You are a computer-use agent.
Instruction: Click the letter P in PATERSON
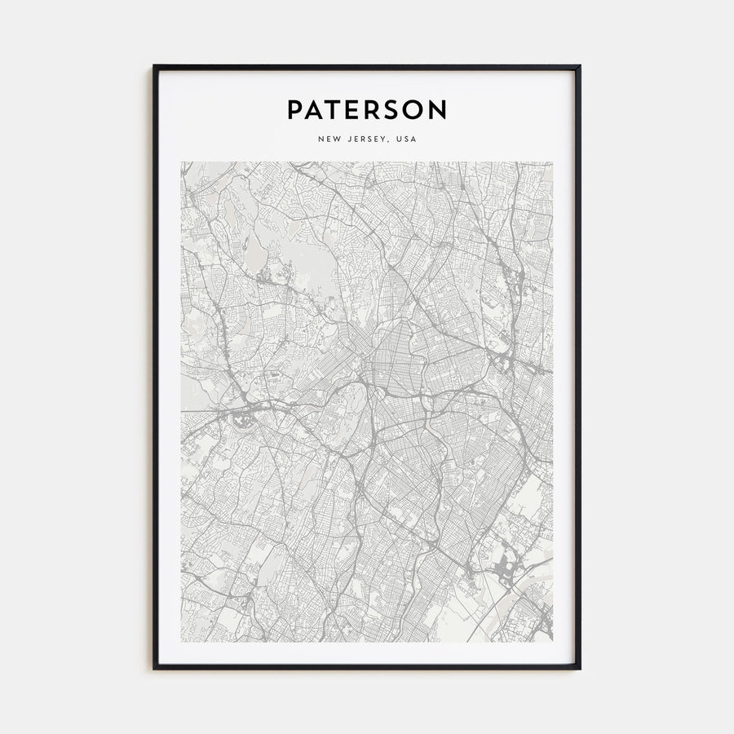[x=295, y=110]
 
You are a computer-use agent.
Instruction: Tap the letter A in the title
[x=315, y=110]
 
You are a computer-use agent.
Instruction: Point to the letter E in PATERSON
[x=354, y=110]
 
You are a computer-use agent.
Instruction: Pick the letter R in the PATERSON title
[x=374, y=110]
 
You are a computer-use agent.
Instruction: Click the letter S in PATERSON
[x=394, y=110]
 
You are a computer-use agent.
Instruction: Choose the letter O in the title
[x=415, y=110]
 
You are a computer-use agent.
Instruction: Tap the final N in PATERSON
[x=438, y=110]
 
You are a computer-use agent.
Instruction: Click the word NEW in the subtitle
[x=329, y=139]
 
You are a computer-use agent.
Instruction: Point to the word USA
[x=406, y=139]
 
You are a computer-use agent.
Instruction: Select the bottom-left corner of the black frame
[x=154, y=669]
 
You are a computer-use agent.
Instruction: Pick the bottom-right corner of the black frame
[x=580, y=669]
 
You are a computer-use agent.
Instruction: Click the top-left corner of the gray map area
[x=182, y=162]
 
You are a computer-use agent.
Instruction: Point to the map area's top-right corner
[x=552, y=162]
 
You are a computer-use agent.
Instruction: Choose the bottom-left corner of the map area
[x=182, y=641]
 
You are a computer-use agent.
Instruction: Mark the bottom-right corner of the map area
[x=552, y=641]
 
